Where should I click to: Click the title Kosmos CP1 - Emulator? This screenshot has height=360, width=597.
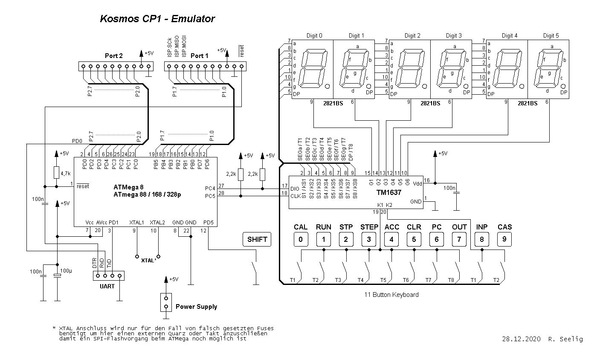(x=157, y=19)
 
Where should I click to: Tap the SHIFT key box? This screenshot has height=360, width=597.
(x=257, y=239)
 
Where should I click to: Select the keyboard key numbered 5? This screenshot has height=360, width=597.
(x=414, y=239)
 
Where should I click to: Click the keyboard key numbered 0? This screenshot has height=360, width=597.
(x=301, y=239)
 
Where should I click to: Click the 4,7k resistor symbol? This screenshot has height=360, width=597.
(x=56, y=172)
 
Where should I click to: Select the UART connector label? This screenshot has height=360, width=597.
(x=107, y=286)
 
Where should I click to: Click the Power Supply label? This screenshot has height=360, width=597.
(x=196, y=307)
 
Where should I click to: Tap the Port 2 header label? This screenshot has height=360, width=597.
(x=114, y=56)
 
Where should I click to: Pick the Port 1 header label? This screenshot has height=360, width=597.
(x=200, y=56)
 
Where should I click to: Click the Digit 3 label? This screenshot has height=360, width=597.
(x=454, y=36)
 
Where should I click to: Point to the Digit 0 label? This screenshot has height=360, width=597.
(x=314, y=36)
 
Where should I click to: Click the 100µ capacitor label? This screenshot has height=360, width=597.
(x=66, y=271)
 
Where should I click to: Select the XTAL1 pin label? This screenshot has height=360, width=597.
(x=137, y=223)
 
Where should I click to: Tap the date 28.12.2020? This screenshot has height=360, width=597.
(x=521, y=339)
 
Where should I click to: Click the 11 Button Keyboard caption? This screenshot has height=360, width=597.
(x=391, y=295)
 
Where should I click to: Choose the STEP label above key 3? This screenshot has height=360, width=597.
(x=369, y=227)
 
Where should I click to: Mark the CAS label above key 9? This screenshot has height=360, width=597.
(x=505, y=227)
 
